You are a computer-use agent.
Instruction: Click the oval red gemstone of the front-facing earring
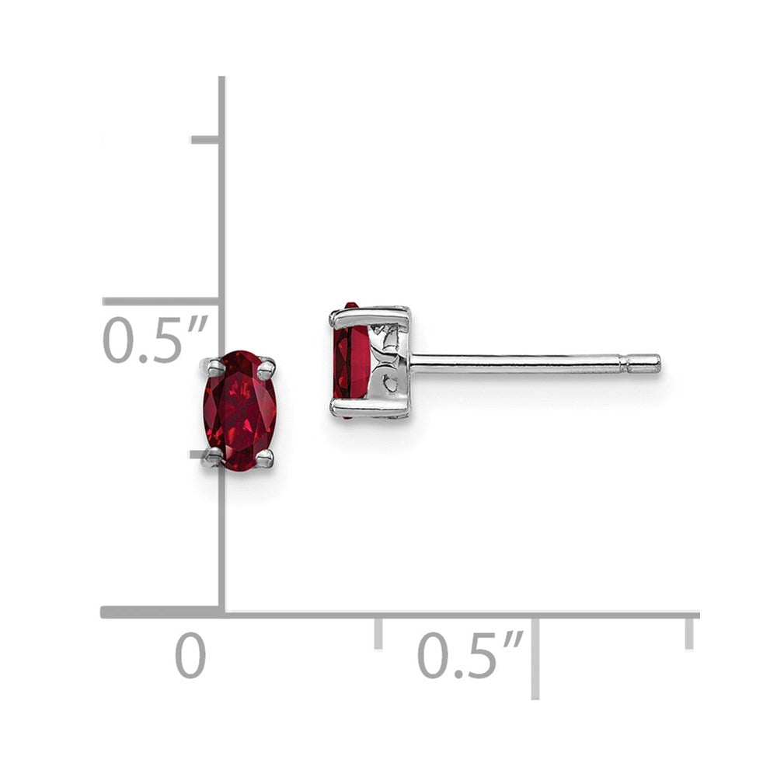(240, 409)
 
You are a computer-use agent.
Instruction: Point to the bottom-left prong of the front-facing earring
(211, 458)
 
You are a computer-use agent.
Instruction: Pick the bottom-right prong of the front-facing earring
(266, 458)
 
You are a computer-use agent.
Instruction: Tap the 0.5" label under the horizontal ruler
(470, 655)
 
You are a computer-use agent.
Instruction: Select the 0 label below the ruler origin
(190, 655)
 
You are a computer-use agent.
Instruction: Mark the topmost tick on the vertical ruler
(205, 139)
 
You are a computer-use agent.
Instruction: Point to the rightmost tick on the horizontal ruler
(688, 631)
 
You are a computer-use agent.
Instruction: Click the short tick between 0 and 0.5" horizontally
(378, 631)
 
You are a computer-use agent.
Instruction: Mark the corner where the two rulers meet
(221, 612)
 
